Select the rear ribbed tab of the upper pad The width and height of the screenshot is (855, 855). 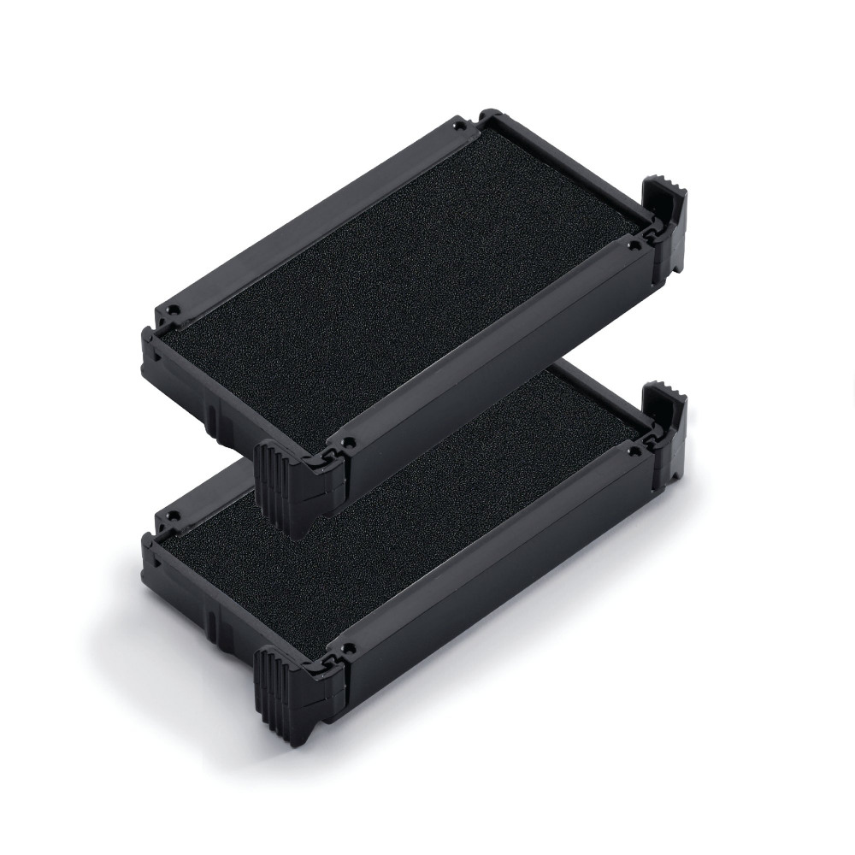[667, 218]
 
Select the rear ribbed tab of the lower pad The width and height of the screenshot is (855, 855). [667, 419]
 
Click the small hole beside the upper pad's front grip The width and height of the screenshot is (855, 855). [349, 442]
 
